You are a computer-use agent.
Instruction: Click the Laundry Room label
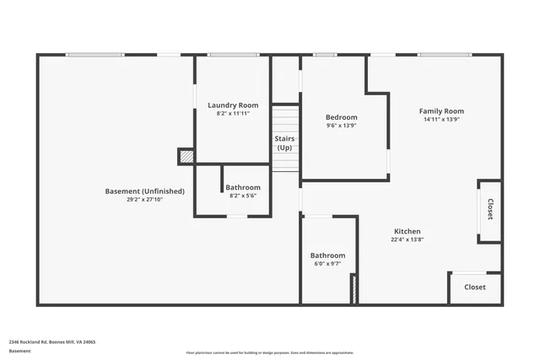click(233, 105)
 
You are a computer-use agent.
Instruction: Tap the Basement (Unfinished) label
click(144, 191)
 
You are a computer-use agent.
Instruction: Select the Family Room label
click(441, 111)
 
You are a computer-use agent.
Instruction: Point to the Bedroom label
click(342, 117)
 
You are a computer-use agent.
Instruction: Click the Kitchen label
click(407, 231)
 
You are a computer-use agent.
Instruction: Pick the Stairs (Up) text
click(284, 142)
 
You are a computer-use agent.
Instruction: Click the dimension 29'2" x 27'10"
click(144, 200)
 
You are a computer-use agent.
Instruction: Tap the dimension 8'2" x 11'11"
click(233, 113)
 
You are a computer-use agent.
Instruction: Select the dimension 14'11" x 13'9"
click(441, 120)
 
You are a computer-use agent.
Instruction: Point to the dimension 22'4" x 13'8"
click(407, 239)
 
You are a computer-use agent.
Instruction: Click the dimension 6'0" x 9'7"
click(327, 264)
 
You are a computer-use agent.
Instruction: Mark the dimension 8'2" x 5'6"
click(243, 196)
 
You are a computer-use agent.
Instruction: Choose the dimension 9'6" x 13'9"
click(342, 126)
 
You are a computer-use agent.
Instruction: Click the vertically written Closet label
click(490, 210)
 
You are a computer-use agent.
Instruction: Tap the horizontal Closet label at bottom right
click(475, 287)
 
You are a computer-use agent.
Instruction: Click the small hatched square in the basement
click(186, 156)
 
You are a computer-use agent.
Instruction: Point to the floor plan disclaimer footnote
click(269, 353)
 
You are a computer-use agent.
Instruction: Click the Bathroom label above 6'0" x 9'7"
click(327, 255)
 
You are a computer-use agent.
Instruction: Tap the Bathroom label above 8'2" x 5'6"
click(243, 187)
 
